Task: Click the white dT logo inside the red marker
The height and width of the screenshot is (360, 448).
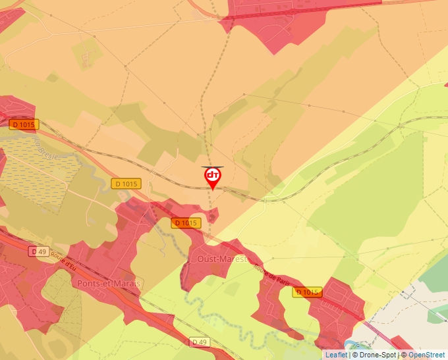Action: (x=213, y=176)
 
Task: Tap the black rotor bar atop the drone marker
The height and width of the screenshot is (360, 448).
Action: (x=212, y=167)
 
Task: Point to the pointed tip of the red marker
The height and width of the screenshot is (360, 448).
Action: (x=212, y=190)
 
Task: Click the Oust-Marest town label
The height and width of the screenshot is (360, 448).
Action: (x=222, y=259)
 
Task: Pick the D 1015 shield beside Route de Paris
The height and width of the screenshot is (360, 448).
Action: (x=308, y=292)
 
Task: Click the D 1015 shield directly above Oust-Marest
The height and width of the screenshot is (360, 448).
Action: (x=186, y=223)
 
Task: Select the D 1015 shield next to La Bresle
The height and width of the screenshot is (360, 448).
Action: (x=24, y=124)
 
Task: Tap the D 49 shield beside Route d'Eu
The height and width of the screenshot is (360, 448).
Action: (x=38, y=251)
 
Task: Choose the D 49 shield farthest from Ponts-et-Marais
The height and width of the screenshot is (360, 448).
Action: (x=200, y=342)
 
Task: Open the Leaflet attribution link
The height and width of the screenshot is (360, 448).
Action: (x=336, y=355)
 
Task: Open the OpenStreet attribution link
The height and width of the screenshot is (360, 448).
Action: (x=428, y=355)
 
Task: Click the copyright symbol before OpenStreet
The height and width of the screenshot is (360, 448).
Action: (x=404, y=355)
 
